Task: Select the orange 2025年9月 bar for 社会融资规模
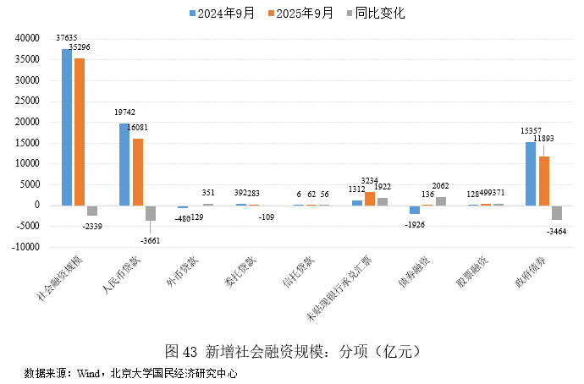[80, 132]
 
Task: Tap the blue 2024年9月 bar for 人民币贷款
[124, 164]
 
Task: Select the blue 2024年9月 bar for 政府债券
[531, 173]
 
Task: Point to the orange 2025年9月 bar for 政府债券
[543, 180]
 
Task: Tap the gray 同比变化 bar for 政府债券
[556, 212]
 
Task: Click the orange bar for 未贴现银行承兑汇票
[369, 199]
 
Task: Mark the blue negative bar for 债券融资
[415, 209]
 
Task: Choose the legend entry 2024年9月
[225, 13]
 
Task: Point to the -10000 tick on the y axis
[26, 247]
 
